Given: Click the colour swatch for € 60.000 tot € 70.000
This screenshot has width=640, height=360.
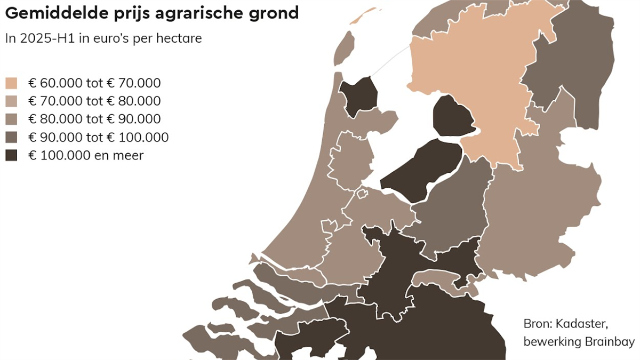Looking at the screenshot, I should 11,83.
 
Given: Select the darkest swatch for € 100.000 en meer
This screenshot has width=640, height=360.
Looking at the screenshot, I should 11,156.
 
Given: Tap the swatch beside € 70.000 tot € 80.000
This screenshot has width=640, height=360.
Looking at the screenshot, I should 11,101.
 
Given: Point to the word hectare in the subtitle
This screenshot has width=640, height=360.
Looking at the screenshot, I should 181,39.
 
